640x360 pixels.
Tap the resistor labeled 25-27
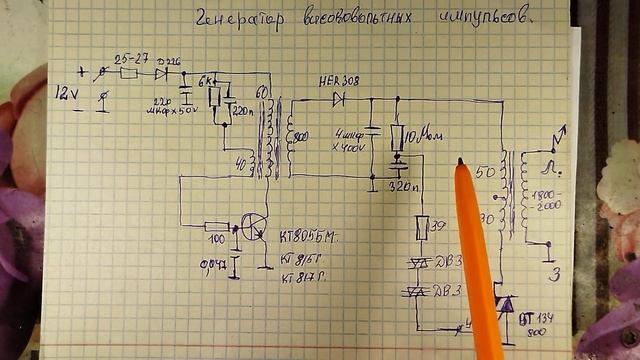129,73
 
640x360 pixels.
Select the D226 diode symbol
160,73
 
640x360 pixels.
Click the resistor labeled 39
422,228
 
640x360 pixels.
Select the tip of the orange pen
459,163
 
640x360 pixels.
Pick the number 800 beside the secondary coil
299,134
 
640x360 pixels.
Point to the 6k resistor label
208,79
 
